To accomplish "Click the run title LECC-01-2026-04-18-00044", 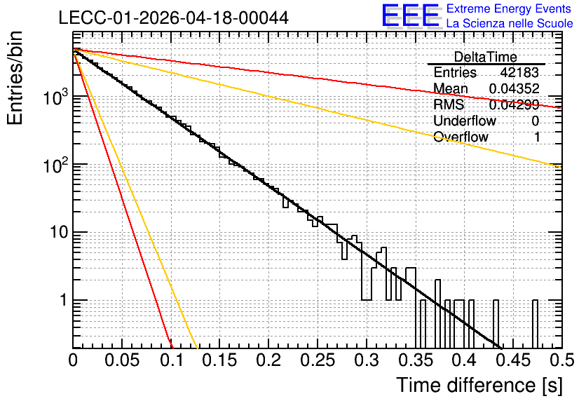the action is click(x=173, y=18).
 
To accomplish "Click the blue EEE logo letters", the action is click(x=410, y=15).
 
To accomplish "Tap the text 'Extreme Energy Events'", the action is click(x=509, y=8).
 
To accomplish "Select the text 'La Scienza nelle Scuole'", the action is click(x=510, y=23).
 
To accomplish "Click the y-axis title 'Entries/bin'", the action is click(x=15, y=78).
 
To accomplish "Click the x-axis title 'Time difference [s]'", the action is click(x=479, y=386).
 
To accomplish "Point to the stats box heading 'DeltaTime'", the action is click(x=486, y=57).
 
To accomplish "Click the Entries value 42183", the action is click(x=519, y=72).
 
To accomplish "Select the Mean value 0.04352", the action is click(x=515, y=88).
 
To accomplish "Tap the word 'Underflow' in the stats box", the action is click(x=465, y=121).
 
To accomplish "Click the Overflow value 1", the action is click(x=537, y=137).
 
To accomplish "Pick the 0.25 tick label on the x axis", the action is click(x=318, y=360).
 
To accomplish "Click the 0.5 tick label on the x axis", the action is click(x=562, y=360).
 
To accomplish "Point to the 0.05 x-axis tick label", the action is click(x=122, y=360).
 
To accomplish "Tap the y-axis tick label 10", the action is click(x=59, y=233).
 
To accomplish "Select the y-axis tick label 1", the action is click(x=64, y=300).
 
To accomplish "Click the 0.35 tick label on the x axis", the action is click(x=416, y=360).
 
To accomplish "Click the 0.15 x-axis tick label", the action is click(x=220, y=360).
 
